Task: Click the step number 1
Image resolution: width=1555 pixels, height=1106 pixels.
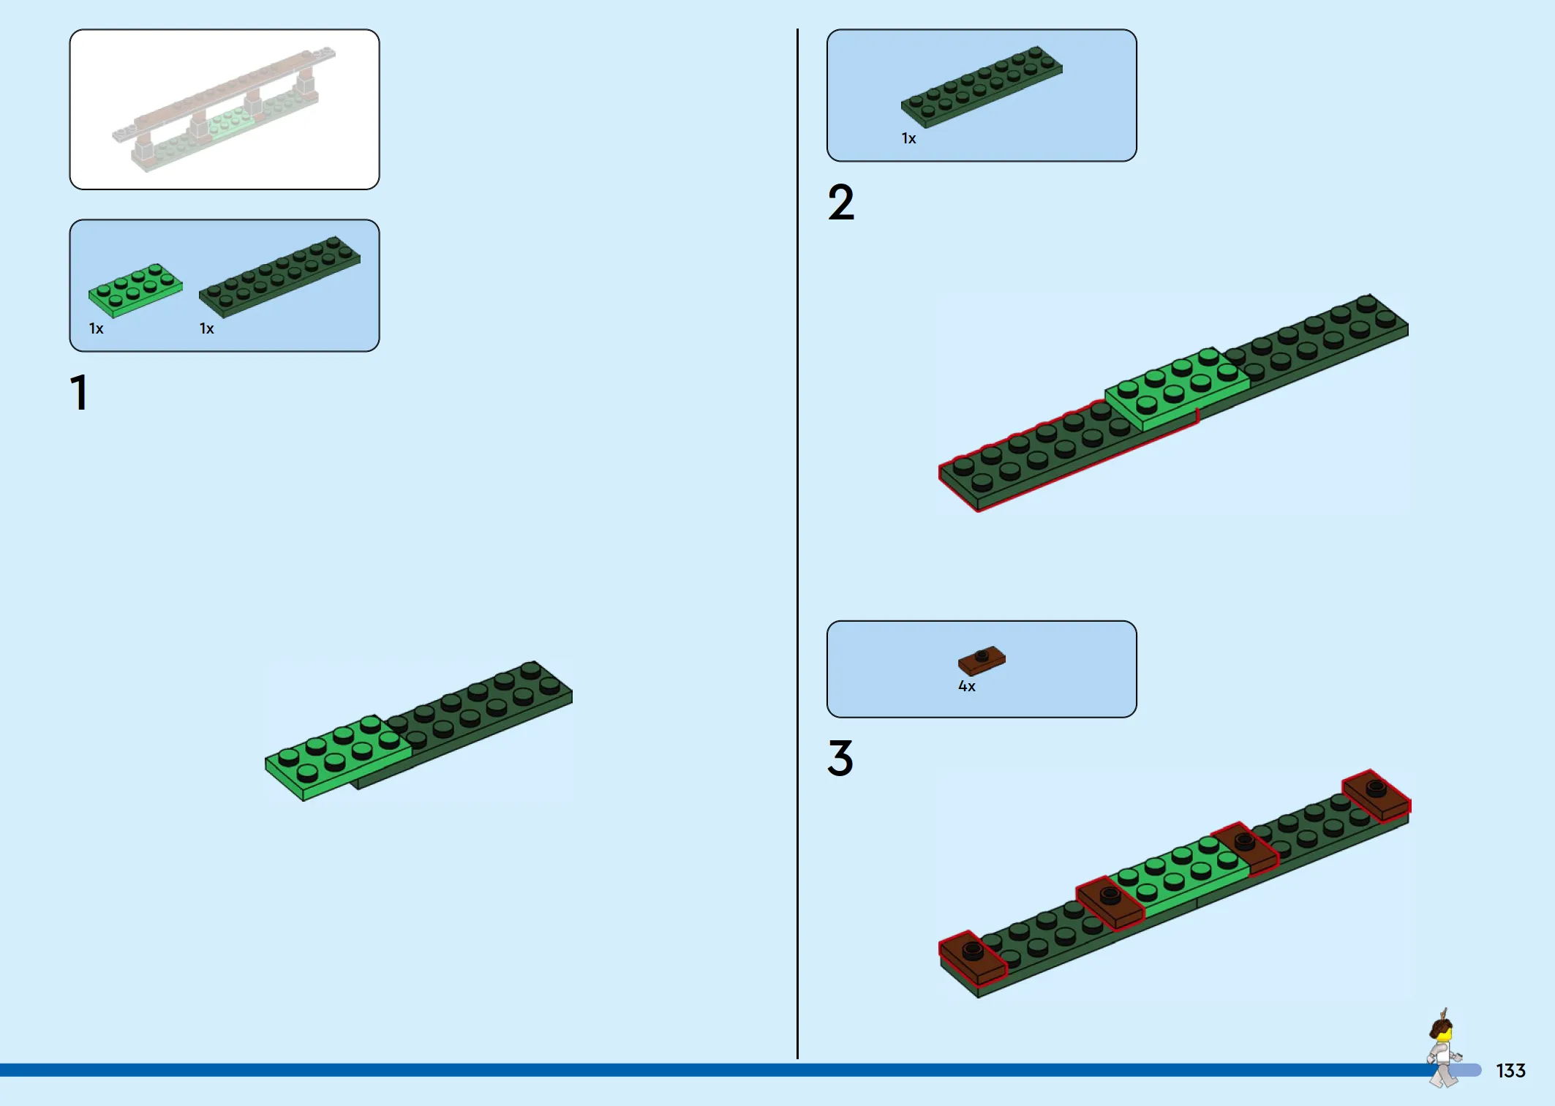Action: tap(80, 393)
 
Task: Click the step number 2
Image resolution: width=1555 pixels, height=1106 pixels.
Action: tap(841, 202)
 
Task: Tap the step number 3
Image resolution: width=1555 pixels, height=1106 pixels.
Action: tap(840, 758)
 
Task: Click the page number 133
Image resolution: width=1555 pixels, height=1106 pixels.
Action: tap(1510, 1071)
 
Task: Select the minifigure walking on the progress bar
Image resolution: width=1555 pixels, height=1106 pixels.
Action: tap(1443, 1048)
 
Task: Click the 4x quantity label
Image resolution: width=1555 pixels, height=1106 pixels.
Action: tap(967, 686)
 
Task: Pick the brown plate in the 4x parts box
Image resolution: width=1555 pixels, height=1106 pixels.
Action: tap(982, 660)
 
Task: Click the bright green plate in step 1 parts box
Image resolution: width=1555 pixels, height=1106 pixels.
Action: tap(135, 290)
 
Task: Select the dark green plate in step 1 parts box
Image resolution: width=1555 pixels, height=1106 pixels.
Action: tap(279, 276)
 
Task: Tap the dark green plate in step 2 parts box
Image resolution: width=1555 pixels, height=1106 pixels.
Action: tap(982, 86)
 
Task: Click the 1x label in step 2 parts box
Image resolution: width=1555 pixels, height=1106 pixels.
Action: tap(908, 138)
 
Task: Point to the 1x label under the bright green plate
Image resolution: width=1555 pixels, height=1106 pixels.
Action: tap(97, 328)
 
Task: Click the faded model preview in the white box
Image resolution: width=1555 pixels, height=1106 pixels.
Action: tap(224, 110)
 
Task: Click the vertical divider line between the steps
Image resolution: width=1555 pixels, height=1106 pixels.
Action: tap(797, 543)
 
